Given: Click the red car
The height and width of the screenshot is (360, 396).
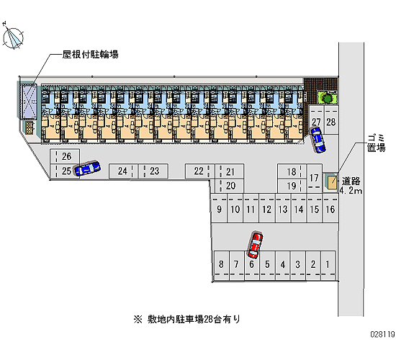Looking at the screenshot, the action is tap(255, 246).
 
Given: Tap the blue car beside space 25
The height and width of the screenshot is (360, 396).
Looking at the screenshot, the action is tap(87, 168).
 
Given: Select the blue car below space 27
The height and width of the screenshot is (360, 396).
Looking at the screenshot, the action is tap(318, 140).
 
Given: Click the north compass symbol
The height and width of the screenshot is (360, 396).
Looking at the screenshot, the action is tap(13, 37).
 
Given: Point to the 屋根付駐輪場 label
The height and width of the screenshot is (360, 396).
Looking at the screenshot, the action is tap(91, 54).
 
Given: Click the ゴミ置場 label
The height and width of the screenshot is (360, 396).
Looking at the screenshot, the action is tap(377, 143).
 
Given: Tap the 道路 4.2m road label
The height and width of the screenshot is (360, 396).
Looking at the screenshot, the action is tap(351, 186).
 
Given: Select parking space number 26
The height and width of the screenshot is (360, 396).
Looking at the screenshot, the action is tap(67, 156).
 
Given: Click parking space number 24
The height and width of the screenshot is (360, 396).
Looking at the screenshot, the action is tap(122, 171).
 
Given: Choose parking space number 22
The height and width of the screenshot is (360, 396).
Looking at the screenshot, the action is tap(199, 171).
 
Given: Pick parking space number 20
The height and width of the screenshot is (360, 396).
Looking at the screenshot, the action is tap(230, 186).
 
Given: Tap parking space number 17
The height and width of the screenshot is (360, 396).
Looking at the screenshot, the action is tap(314, 178).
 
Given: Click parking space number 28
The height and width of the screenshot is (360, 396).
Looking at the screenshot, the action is tap(331, 122).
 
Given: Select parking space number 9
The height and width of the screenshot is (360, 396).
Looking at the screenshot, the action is tap(219, 210).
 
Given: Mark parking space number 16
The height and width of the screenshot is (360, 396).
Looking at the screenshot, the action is tap(330, 210).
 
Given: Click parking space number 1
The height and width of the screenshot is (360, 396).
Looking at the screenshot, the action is tap(328, 264).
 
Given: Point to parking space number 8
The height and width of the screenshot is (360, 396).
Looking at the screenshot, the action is tap(221, 264).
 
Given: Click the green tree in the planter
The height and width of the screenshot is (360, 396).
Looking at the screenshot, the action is tap(327, 97).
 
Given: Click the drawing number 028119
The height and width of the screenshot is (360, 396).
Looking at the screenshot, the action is tap(382, 335).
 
